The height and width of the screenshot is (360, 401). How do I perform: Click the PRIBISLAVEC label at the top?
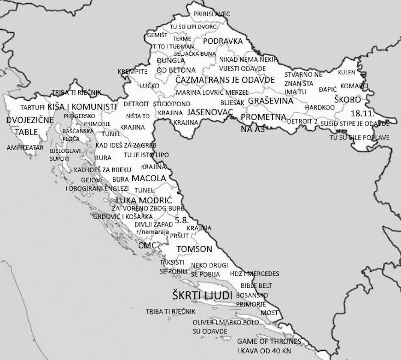pyautogui.click(x=212, y=14)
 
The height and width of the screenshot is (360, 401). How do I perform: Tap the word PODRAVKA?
pyautogui.click(x=223, y=41)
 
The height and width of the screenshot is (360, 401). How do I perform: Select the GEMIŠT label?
pyautogui.click(x=157, y=35)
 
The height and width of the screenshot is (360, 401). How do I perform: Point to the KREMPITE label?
pyautogui.click(x=132, y=72)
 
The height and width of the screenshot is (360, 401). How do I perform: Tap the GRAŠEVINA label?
pyautogui.click(x=270, y=101)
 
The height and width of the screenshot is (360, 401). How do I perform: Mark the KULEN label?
pyautogui.click(x=346, y=73)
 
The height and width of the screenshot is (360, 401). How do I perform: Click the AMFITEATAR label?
pyautogui.click(x=25, y=148)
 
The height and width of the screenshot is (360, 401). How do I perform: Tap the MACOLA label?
pyautogui.click(x=149, y=178)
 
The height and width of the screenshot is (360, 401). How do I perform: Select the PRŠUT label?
pyautogui.click(x=179, y=236)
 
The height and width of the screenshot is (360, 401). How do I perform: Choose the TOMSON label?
pyautogui.click(x=194, y=249)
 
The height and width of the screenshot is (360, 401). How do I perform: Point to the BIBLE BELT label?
pyautogui.click(x=256, y=286)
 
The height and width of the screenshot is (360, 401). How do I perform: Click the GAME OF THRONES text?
pyautogui.click(x=269, y=342)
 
